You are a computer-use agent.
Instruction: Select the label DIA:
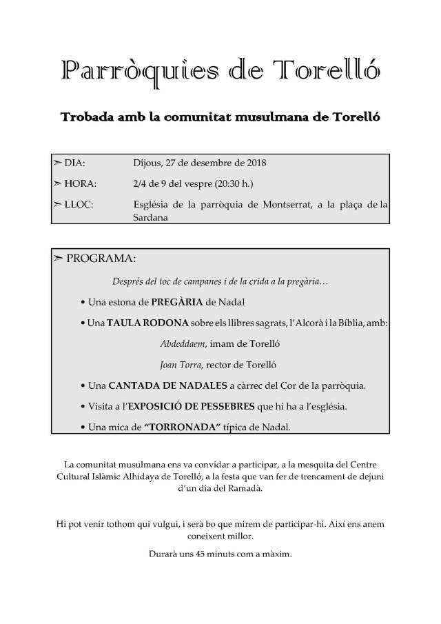(74, 164)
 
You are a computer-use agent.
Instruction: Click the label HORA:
(79, 184)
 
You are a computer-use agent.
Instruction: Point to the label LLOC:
(79, 204)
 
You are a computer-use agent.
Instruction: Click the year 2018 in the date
(255, 164)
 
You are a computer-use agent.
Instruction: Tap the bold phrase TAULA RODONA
(141, 323)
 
